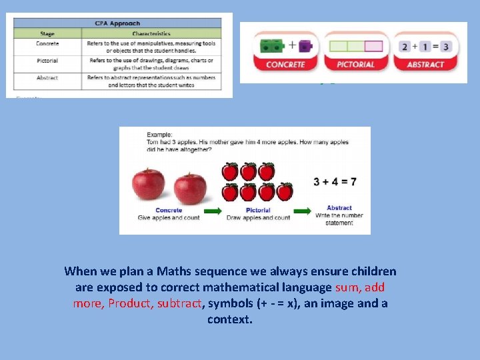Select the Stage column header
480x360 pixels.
[x=47, y=33]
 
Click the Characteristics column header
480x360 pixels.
[x=151, y=33]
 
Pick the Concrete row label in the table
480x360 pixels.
[x=47, y=43]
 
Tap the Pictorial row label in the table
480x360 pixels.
[x=47, y=61]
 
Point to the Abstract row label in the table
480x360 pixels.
[x=47, y=78]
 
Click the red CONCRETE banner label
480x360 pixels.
[x=285, y=65]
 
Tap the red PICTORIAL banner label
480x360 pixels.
[x=356, y=65]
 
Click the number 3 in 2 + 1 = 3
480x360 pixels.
[x=445, y=47]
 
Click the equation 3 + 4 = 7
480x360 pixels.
[x=335, y=181]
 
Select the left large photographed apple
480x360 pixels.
[x=149, y=184]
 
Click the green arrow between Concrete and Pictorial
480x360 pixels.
[x=213, y=212]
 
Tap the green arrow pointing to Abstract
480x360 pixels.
[x=303, y=212]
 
